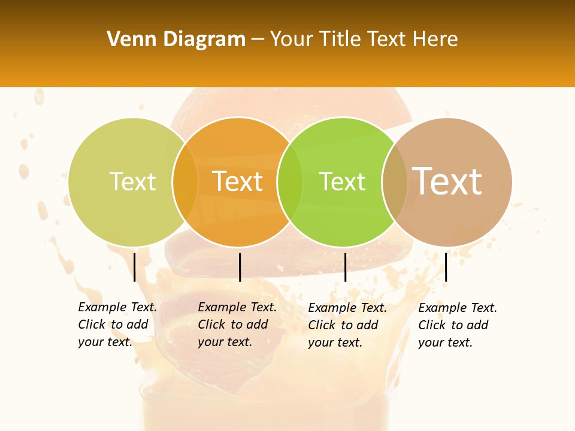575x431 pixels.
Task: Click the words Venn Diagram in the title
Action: [176, 40]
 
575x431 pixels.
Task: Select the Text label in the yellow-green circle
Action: [132, 181]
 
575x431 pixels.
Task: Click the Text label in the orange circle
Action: [238, 181]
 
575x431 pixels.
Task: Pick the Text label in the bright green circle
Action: [342, 181]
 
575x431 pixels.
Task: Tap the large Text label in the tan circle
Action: [447, 181]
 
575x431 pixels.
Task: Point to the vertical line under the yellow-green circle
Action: [135, 267]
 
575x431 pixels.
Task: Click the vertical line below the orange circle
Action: [240, 267]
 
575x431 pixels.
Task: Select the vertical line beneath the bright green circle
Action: [345, 267]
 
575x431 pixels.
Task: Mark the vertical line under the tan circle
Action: [446, 267]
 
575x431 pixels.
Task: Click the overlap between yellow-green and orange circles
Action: [185, 182]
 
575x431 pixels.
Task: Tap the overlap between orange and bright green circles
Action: [290, 182]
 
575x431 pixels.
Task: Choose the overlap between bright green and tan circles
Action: [395, 182]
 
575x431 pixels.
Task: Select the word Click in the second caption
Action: [211, 324]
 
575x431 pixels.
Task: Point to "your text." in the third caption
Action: [335, 342]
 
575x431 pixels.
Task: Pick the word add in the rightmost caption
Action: [478, 325]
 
